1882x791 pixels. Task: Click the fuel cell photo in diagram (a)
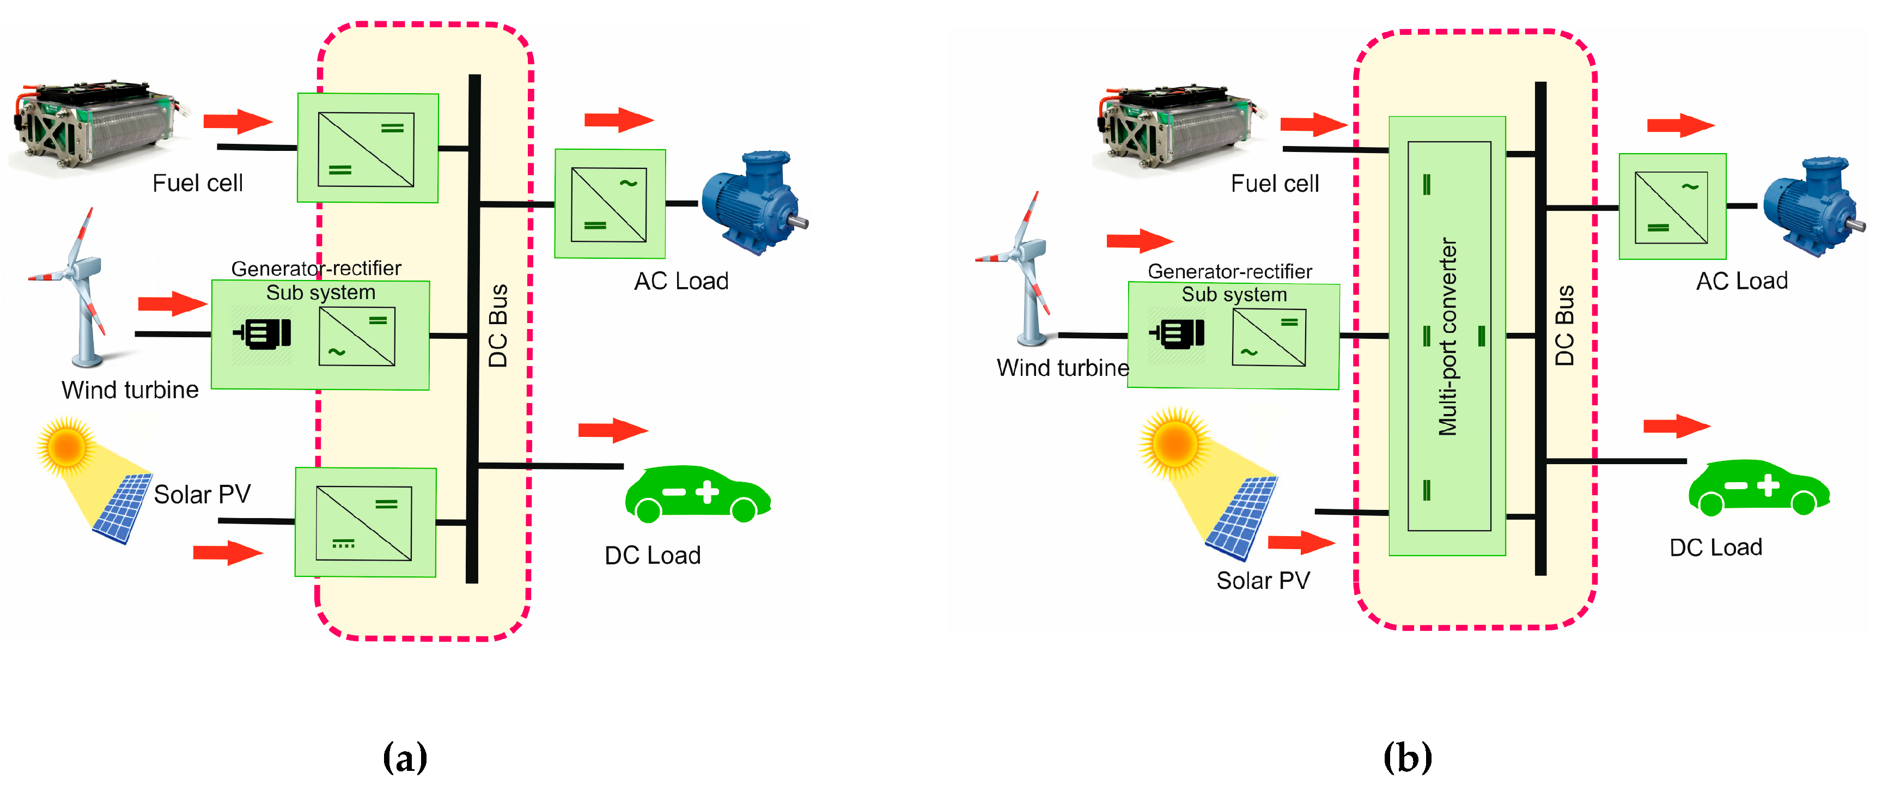point(95,128)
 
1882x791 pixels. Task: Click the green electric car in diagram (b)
point(1759,488)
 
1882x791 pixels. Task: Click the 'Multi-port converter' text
point(1448,336)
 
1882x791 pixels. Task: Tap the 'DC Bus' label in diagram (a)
point(498,326)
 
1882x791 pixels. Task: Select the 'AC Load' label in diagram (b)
point(1741,281)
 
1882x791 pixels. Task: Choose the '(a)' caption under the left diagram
point(405,757)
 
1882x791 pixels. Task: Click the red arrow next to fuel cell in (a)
point(237,121)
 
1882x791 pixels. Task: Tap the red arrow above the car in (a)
point(612,430)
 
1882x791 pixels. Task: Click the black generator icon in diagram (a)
point(263,334)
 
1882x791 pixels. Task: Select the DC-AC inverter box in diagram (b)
point(1672,206)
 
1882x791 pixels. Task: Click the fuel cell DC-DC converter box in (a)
point(368,148)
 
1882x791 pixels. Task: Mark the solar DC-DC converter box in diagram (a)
point(366,523)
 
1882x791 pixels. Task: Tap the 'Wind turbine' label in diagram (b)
point(1062,367)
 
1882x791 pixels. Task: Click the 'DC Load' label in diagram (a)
point(653,555)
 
